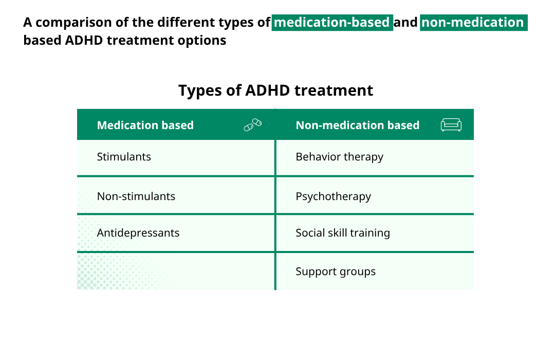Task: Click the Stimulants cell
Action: pos(124,157)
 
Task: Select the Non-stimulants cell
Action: pos(136,196)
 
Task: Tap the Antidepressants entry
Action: pos(138,233)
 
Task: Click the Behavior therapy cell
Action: pos(339,157)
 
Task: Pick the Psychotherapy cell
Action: pos(333,196)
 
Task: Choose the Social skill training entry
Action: pos(343,233)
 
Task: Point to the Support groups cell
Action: pos(336,272)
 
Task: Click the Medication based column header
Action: pos(145,125)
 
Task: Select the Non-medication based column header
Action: pos(358,125)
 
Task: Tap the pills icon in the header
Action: pos(253,125)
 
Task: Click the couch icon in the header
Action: pos(451,125)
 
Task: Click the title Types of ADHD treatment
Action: pos(275,91)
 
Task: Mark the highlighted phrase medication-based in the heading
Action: pos(332,23)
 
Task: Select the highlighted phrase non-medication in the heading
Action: pos(473,23)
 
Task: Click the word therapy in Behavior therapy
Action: pos(363,157)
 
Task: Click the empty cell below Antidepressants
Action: pos(176,271)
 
